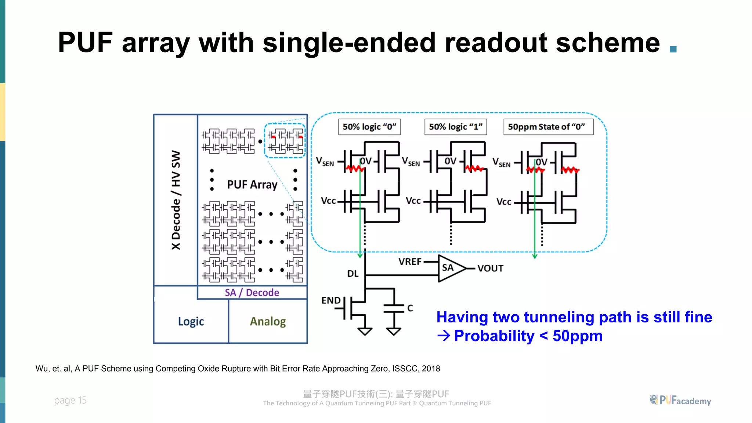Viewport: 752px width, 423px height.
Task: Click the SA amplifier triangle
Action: (450, 268)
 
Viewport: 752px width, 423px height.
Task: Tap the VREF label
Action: (410, 262)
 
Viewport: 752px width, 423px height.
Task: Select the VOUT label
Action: (490, 268)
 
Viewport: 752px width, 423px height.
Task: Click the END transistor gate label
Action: (331, 300)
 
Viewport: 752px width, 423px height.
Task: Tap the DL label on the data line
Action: (352, 274)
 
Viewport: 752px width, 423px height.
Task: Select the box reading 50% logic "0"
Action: (369, 127)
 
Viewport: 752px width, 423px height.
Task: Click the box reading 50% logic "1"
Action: (455, 127)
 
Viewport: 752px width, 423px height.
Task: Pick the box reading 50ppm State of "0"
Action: (548, 127)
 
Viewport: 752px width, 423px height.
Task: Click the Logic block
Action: (191, 321)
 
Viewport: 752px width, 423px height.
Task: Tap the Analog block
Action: (268, 321)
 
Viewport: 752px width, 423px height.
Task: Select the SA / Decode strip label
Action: (252, 293)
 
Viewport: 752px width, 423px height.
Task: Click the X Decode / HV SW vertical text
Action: (176, 200)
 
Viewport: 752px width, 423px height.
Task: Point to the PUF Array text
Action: (252, 184)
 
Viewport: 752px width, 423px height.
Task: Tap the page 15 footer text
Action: (70, 400)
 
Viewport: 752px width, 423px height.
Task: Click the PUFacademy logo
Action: (680, 400)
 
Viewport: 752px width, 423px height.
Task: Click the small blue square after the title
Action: (673, 49)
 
